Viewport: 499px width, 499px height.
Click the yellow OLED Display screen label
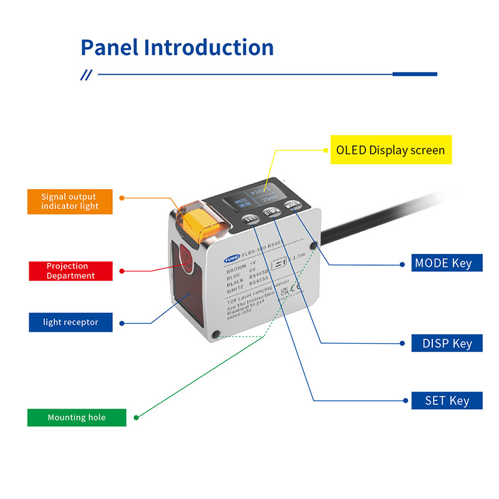[x=390, y=150]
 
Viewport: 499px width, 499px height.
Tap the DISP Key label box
[x=447, y=343]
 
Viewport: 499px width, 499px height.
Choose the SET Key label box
[x=447, y=400]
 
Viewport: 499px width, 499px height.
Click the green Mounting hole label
[x=77, y=417]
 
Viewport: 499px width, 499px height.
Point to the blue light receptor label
[x=71, y=322]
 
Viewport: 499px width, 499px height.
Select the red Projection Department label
[x=71, y=271]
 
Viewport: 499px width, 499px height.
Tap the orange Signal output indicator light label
[x=70, y=201]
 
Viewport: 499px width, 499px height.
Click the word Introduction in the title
[x=209, y=47]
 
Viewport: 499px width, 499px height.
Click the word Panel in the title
[x=110, y=47]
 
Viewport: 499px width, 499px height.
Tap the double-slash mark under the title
[x=87, y=75]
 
